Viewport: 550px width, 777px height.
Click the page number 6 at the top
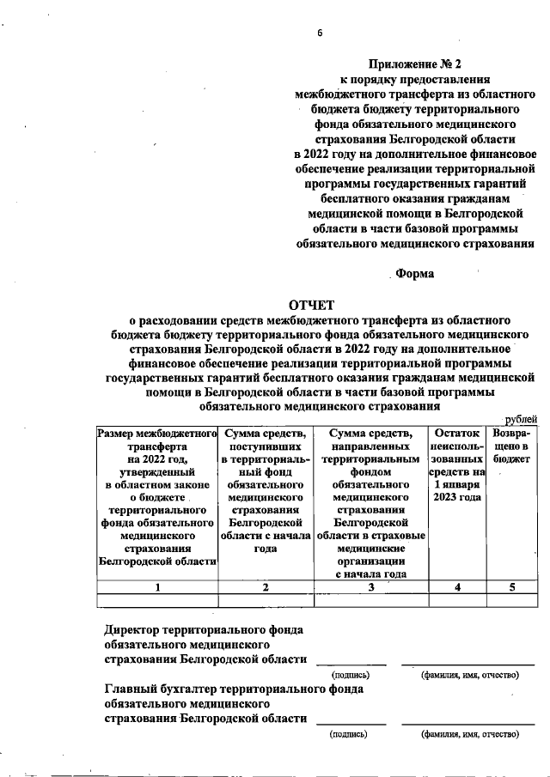(x=319, y=33)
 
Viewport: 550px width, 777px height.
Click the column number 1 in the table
(x=156, y=587)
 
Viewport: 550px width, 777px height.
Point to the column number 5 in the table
(x=512, y=587)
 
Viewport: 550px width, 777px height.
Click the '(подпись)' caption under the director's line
(x=350, y=675)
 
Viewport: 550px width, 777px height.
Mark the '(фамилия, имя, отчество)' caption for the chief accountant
(x=470, y=735)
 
